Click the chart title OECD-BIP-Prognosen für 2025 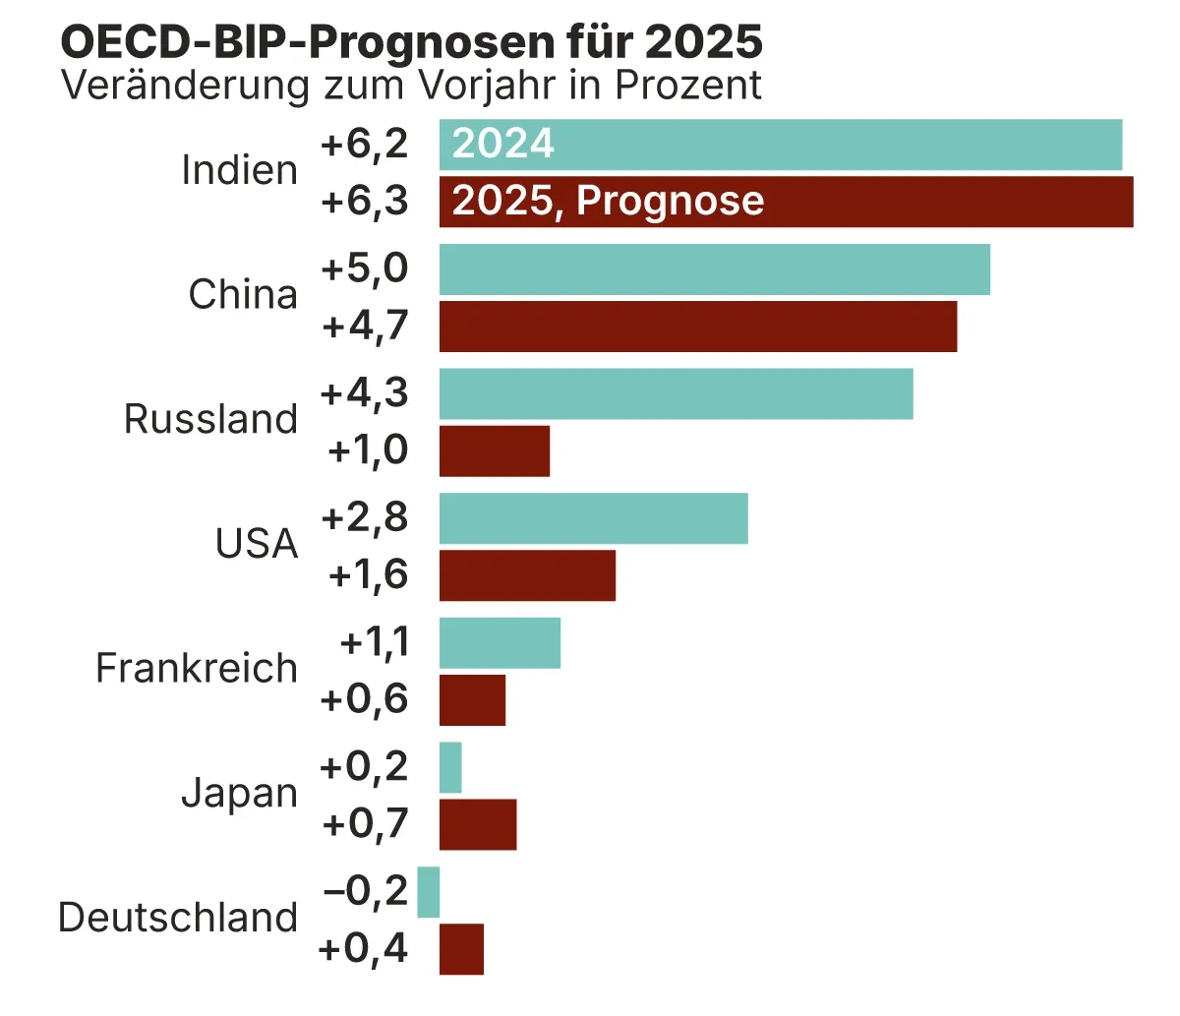[411, 42]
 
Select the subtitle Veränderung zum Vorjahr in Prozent [411, 86]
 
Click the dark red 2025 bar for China [697, 327]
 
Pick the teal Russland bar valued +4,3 [676, 393]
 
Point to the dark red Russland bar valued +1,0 [494, 451]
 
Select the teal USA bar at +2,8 [593, 518]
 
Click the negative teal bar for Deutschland [428, 892]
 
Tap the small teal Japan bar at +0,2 [450, 767]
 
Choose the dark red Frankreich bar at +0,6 [472, 700]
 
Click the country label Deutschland [178, 918]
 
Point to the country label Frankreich [197, 669]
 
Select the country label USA [257, 544]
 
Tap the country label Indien [239, 171]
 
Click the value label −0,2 [365, 891]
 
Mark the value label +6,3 [364, 202]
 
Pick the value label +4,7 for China [365, 326]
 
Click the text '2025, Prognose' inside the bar [608, 202]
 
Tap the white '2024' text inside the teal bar [503, 145]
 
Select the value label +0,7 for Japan [365, 824]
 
